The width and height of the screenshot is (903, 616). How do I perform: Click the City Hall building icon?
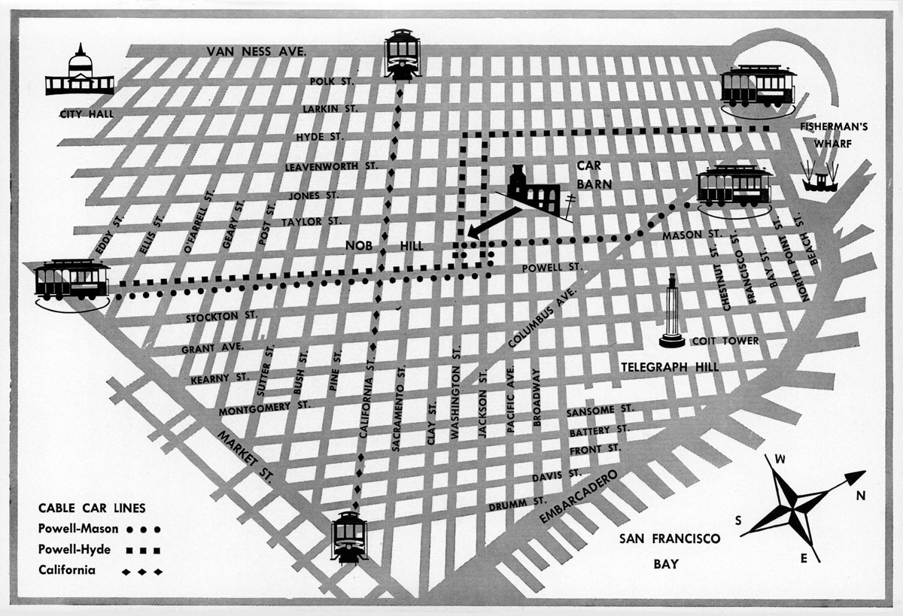click(79, 73)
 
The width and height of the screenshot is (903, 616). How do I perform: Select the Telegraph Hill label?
click(670, 367)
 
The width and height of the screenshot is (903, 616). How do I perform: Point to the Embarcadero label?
click(578, 496)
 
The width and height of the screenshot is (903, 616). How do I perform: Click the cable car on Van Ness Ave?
click(402, 53)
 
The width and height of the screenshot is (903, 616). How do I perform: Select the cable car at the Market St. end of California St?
click(349, 537)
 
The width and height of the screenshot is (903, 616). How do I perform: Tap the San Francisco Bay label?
click(670, 549)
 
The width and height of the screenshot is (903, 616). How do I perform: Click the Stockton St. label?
click(221, 317)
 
